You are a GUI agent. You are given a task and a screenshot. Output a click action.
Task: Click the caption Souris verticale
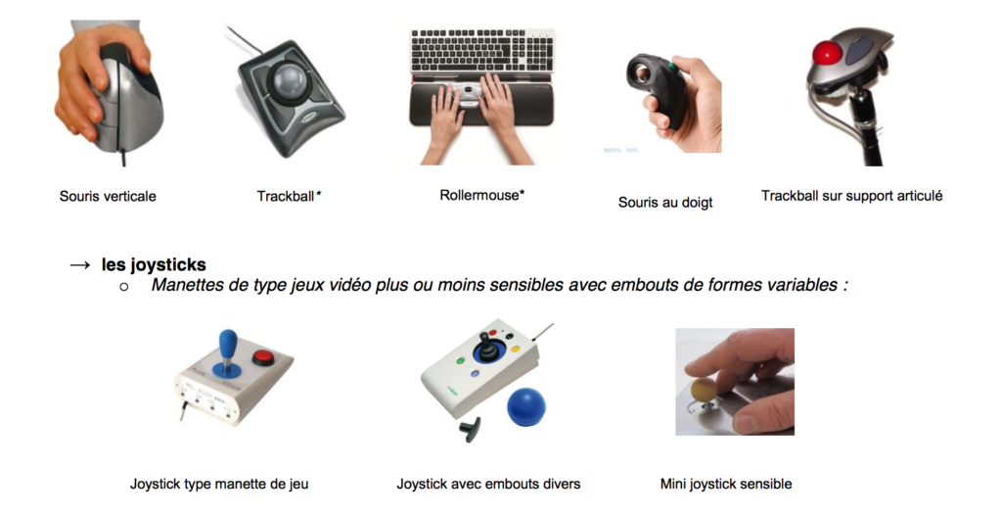108,196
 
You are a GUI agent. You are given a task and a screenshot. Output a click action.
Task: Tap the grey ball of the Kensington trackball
289,81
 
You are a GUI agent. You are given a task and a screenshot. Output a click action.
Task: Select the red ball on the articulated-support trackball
826,53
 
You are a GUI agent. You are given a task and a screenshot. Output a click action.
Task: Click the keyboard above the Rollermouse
482,51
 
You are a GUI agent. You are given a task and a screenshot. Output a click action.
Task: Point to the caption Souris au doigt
665,203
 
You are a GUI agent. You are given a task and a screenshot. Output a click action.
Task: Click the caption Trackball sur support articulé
852,196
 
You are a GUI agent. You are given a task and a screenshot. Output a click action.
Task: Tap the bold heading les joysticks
154,264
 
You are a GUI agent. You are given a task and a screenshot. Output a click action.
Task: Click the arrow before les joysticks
80,264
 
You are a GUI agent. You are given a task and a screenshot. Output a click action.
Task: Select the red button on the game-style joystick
262,356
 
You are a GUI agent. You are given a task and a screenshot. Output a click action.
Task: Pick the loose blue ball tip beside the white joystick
526,407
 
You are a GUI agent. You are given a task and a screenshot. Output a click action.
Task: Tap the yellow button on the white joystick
514,350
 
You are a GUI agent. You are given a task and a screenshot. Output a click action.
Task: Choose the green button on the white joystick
460,361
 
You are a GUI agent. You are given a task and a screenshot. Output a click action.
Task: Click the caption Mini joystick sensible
726,484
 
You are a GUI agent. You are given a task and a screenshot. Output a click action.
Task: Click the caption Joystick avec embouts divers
488,484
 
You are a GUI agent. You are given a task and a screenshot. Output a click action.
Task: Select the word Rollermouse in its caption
479,196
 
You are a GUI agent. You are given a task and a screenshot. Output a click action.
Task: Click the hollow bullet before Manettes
124,287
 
